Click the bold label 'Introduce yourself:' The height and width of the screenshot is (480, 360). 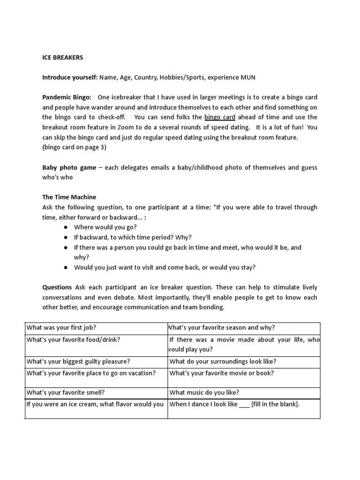[x=69, y=77]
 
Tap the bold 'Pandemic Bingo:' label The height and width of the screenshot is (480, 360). [x=67, y=97]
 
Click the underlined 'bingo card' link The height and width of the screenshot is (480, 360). [x=220, y=117]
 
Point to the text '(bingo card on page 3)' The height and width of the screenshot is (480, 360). [x=75, y=147]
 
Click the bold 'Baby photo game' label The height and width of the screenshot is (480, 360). [x=69, y=167]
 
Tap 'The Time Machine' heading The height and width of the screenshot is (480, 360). [x=69, y=197]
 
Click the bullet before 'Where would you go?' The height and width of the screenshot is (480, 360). [x=64, y=227]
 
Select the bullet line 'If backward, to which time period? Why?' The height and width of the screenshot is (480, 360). [x=133, y=237]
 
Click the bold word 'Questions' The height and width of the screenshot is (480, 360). [x=57, y=287]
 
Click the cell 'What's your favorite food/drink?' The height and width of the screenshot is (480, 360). [x=74, y=339]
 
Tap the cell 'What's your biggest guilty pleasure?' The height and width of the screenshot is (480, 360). [x=78, y=361]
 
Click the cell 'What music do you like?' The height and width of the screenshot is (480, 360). [x=204, y=392]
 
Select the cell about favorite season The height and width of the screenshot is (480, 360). [x=222, y=328]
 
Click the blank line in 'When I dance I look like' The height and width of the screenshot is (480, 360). [x=244, y=404]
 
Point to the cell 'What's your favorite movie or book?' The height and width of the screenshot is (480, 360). [x=221, y=373]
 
